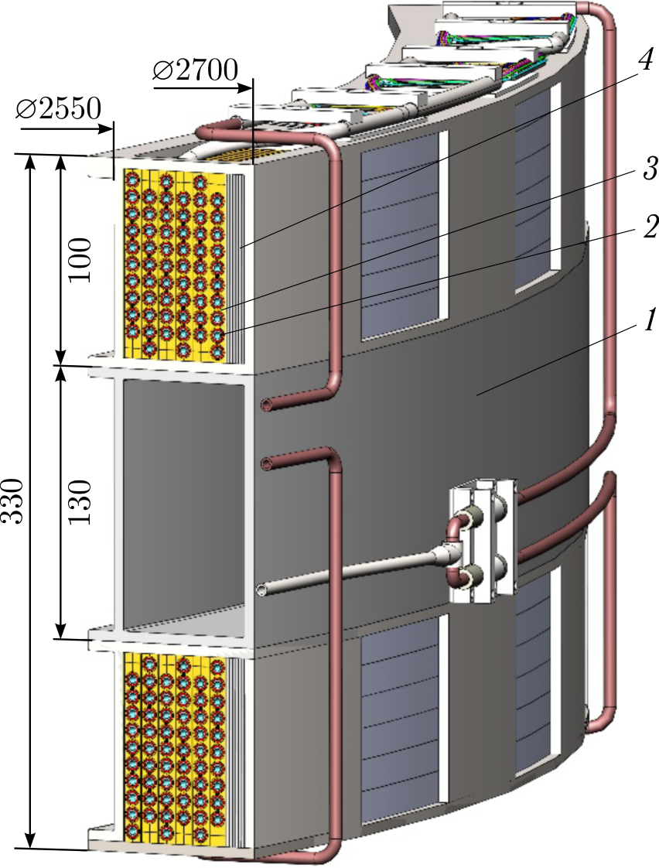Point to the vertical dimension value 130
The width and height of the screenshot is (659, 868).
(x=80, y=501)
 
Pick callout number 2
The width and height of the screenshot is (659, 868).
(x=648, y=227)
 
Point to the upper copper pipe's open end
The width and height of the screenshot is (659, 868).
(x=266, y=404)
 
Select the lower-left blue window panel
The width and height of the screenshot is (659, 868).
(x=399, y=716)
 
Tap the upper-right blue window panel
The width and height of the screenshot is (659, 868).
(x=534, y=186)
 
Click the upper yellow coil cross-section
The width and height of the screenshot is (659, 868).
(x=175, y=263)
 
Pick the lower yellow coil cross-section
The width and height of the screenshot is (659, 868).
(x=175, y=747)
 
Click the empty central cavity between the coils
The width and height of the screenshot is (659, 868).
(x=182, y=503)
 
